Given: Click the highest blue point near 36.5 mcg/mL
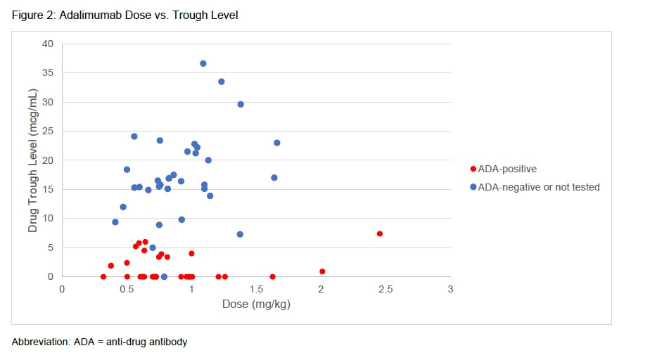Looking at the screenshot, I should tap(203, 63).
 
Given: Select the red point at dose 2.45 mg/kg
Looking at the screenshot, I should tap(380, 233).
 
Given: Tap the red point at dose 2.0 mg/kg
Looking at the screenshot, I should tap(322, 271).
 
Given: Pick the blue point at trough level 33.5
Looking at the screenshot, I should tap(222, 82).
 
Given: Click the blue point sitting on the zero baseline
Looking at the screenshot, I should tap(164, 277).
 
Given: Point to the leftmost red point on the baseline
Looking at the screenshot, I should tap(103, 277).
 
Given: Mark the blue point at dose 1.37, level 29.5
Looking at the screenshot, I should tap(241, 104).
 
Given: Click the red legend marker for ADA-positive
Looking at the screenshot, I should tap(473, 169).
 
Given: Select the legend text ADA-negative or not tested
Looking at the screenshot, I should tap(539, 187).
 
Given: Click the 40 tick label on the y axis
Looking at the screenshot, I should tap(47, 44).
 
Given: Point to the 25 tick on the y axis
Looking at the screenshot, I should tap(47, 131).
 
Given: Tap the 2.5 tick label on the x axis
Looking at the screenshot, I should tap(385, 289).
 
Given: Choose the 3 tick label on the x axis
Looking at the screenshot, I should tap(450, 289).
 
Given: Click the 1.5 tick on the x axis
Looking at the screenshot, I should tap(256, 289).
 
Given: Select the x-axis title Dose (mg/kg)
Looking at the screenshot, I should tap(256, 304).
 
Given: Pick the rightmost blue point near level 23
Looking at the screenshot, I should tap(276, 143).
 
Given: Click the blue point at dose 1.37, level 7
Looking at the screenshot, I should tap(240, 234).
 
